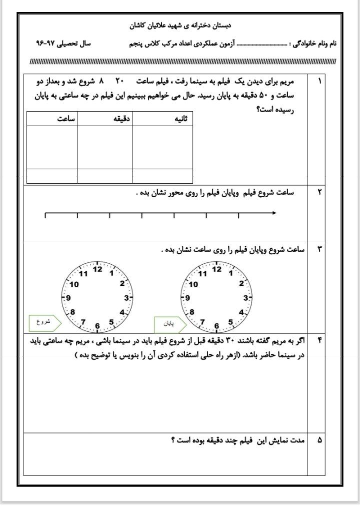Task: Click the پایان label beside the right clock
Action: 169,324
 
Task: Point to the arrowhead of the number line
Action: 274,213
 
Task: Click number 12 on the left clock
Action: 97,269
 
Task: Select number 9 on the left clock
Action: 68,298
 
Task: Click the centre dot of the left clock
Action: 97,298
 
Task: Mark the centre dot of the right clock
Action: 216,297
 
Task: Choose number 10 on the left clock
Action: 75,284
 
